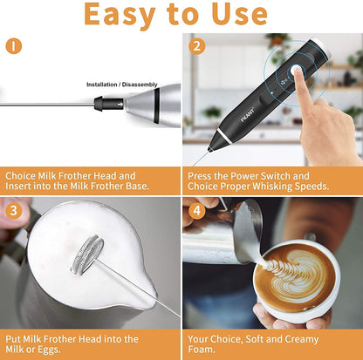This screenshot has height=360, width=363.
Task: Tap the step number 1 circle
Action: point(14,44)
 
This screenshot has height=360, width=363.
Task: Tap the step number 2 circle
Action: point(198,45)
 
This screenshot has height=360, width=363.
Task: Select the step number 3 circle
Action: point(14,210)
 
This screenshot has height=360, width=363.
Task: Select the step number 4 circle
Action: point(198,210)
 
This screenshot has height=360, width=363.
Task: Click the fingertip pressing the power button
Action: point(298,77)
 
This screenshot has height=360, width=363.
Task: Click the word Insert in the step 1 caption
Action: point(18,186)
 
